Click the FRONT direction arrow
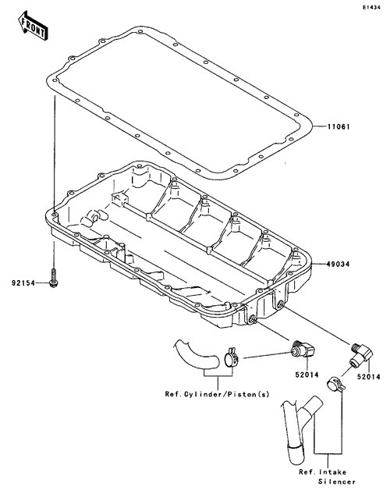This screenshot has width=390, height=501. (x=32, y=26)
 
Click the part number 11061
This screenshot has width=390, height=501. (x=339, y=127)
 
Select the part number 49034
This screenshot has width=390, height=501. (x=339, y=265)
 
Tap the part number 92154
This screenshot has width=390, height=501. (x=23, y=283)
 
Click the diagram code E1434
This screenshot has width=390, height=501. (x=371, y=8)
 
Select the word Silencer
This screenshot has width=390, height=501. (x=337, y=481)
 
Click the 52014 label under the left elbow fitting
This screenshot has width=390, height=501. (x=307, y=375)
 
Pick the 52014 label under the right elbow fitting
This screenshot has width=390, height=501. (x=369, y=377)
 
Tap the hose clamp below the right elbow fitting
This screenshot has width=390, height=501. (x=336, y=385)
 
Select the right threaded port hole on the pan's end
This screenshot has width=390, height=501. (x=281, y=304)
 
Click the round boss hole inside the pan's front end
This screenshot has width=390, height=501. (x=96, y=216)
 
